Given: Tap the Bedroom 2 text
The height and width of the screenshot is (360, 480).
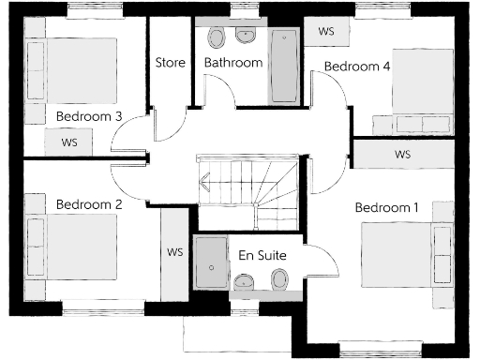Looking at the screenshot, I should pos(89,203).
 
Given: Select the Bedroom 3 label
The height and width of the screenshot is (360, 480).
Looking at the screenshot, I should pos(89,116).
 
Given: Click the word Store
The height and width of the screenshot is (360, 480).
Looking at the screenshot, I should pos(170,63).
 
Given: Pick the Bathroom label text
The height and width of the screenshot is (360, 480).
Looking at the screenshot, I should pos(233,63).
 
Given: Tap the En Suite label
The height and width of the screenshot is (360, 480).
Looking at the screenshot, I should pos(262,255).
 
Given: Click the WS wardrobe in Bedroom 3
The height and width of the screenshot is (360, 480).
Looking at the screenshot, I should pos(69,142).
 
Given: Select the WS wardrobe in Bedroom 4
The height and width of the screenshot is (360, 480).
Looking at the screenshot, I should pos(326,31).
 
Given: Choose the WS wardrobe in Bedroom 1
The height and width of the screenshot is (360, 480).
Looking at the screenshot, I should pos(402,154).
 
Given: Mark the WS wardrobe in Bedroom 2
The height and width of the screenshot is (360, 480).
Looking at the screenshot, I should pos(174,252).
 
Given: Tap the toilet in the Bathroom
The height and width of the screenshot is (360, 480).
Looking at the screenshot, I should pos(217,38).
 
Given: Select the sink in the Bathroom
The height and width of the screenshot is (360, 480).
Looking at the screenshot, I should pos(246,37).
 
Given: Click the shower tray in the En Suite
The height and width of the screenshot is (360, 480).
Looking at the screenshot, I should pos(211,266).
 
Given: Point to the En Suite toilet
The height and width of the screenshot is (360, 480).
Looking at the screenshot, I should pos(278,281).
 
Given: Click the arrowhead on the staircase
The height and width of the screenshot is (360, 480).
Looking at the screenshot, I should pos(203,182).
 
